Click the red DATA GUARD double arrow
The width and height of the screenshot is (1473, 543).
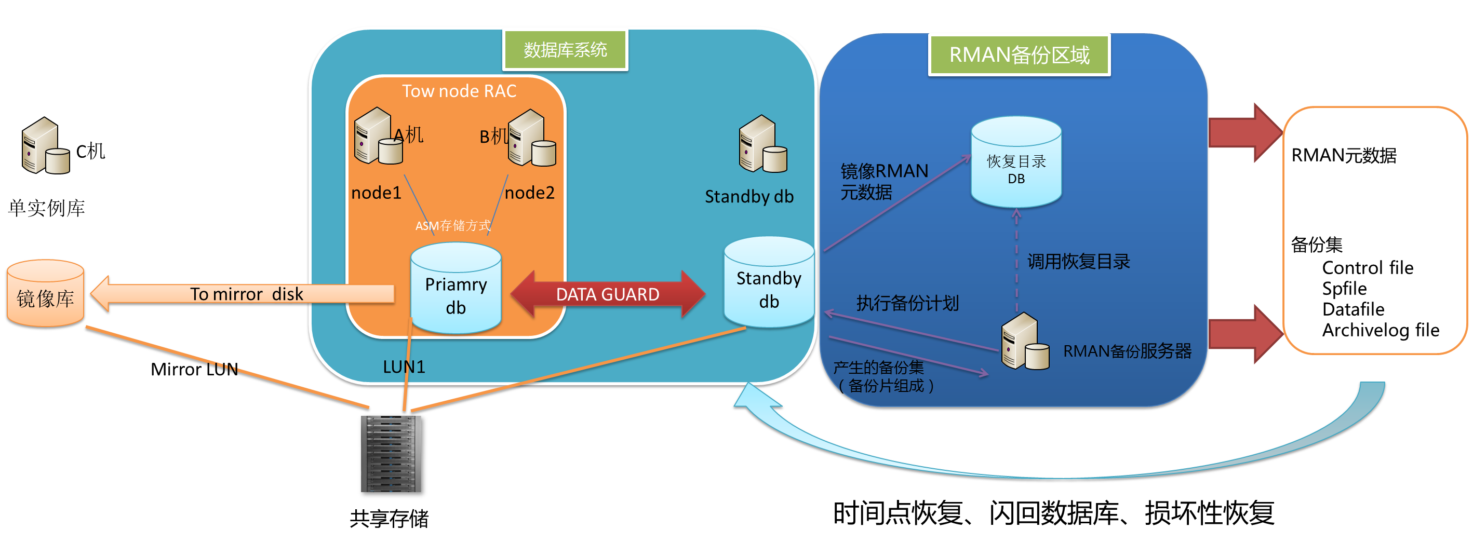point(607,294)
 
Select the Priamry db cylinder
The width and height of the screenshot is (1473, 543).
point(456,288)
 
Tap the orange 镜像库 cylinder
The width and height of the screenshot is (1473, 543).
point(45,294)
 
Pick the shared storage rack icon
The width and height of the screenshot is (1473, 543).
point(391,454)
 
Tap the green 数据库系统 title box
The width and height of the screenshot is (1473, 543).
point(565,50)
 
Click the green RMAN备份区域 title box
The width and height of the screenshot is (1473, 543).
point(1019,55)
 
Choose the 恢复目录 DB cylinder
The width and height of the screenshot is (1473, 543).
point(1016,162)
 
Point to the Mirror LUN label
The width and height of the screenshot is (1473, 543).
point(194,369)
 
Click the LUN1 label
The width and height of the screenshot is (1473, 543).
point(404,367)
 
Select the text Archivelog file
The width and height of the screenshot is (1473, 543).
point(1381,330)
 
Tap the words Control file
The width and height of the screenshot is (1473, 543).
point(1367,267)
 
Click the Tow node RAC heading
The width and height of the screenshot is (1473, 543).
point(459,91)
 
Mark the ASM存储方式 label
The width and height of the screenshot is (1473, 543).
point(452,226)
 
